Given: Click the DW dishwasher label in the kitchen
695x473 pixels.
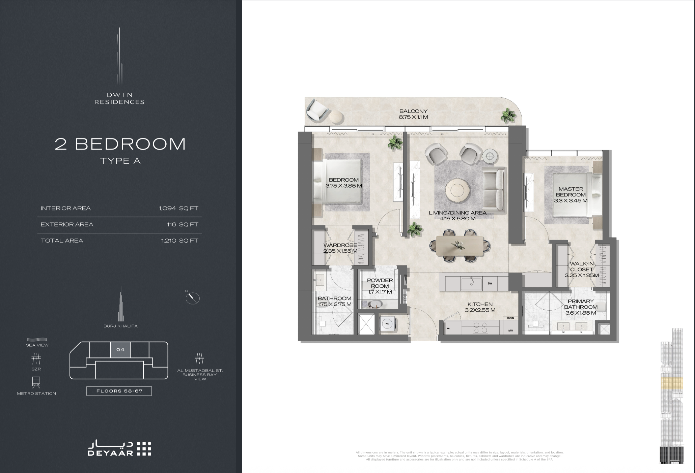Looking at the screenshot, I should click(490, 283).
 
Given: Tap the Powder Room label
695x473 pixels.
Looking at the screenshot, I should click(380, 283).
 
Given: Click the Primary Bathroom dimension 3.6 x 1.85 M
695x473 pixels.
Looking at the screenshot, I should click(580, 313).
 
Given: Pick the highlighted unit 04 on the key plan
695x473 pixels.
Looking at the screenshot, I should click(120, 350).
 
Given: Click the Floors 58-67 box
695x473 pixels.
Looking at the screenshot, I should click(119, 391).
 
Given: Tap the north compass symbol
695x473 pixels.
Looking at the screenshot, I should click(193, 297).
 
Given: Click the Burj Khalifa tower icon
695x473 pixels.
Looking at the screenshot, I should click(120, 305).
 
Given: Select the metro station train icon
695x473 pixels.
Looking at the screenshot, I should click(36, 381).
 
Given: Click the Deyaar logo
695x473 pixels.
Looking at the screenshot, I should click(119, 448).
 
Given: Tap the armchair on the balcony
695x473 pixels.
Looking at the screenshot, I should click(317, 110).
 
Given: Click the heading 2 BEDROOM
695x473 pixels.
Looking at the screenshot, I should click(120, 144).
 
